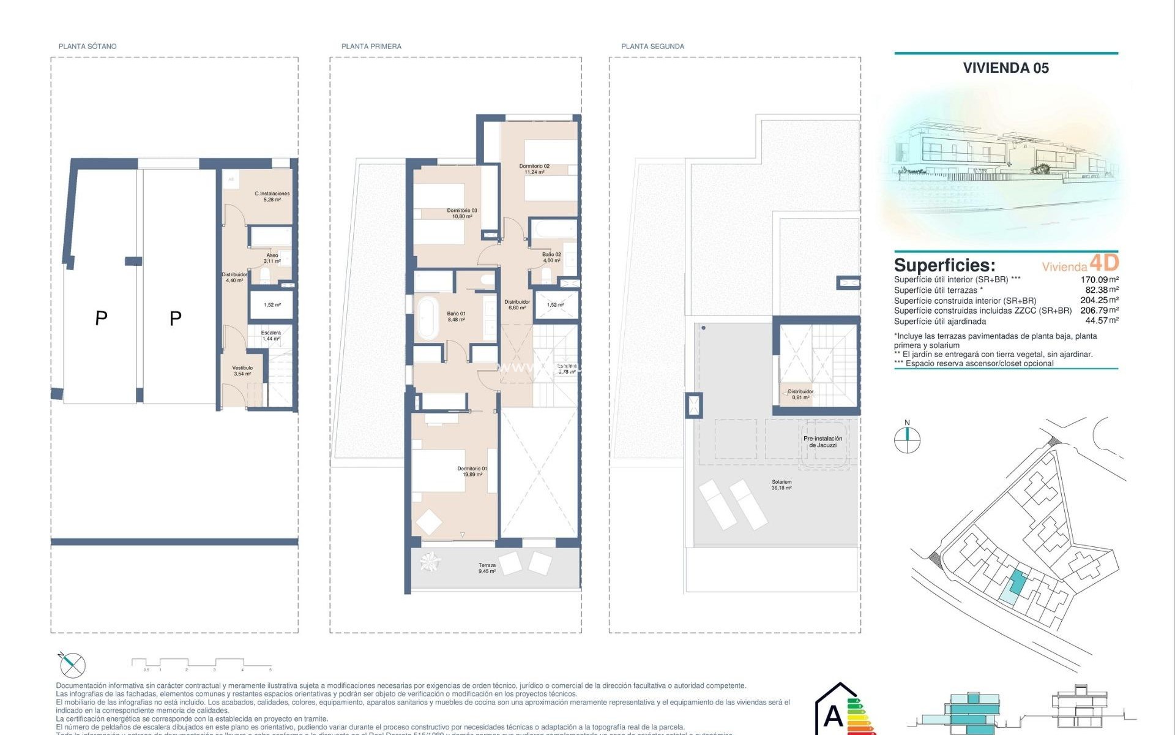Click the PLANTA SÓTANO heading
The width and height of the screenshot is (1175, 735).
88,47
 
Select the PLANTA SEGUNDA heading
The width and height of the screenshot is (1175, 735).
652,47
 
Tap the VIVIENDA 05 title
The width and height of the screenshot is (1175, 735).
1005,68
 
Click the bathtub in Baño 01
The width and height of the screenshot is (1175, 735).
427,317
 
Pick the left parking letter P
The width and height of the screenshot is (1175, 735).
102,318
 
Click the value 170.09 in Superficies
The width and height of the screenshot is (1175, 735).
1094,280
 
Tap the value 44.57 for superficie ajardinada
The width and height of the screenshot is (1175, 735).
1096,320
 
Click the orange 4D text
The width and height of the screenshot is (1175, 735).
1104,263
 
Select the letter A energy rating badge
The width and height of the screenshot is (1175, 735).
834,715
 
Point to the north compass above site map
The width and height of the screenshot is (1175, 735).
907,439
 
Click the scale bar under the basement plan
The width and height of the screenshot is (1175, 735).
201,664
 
